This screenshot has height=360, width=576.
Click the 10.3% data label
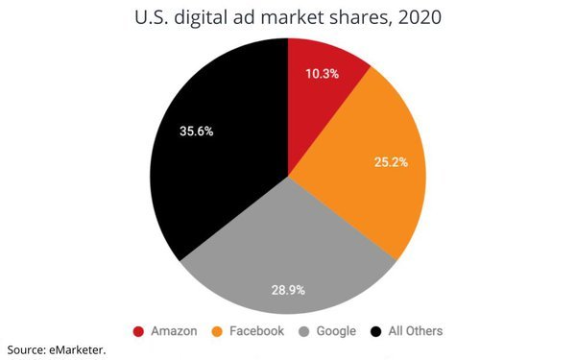(x=323, y=74)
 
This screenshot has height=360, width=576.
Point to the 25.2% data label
(x=391, y=162)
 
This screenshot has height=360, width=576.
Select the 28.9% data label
(x=288, y=290)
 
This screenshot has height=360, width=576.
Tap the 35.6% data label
(x=196, y=132)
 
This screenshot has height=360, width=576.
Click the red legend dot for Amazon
(x=138, y=332)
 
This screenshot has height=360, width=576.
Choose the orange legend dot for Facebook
(x=217, y=332)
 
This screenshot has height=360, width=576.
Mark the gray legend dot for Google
(x=303, y=332)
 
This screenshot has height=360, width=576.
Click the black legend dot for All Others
(x=375, y=332)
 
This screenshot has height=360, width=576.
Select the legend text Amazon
(x=174, y=331)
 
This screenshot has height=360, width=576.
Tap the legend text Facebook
(x=256, y=331)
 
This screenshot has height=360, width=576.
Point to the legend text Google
(x=336, y=331)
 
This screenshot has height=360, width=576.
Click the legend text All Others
(x=416, y=331)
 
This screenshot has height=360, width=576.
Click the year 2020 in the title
(x=420, y=17)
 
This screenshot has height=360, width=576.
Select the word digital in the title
(x=201, y=18)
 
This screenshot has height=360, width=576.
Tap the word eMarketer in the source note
(x=77, y=350)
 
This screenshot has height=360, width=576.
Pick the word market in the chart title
(x=292, y=17)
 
